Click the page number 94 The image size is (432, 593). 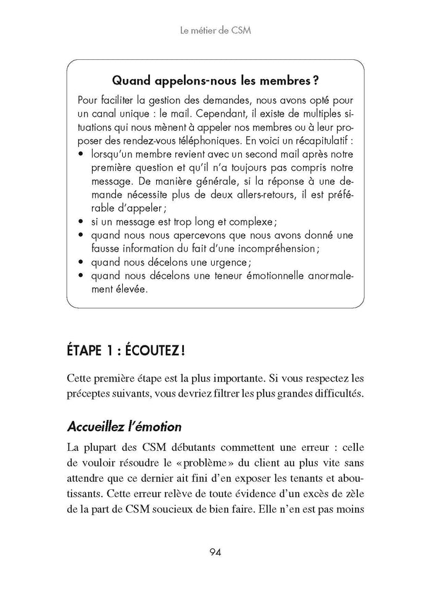(x=216, y=551)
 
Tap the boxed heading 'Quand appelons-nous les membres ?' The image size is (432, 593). (x=216, y=80)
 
